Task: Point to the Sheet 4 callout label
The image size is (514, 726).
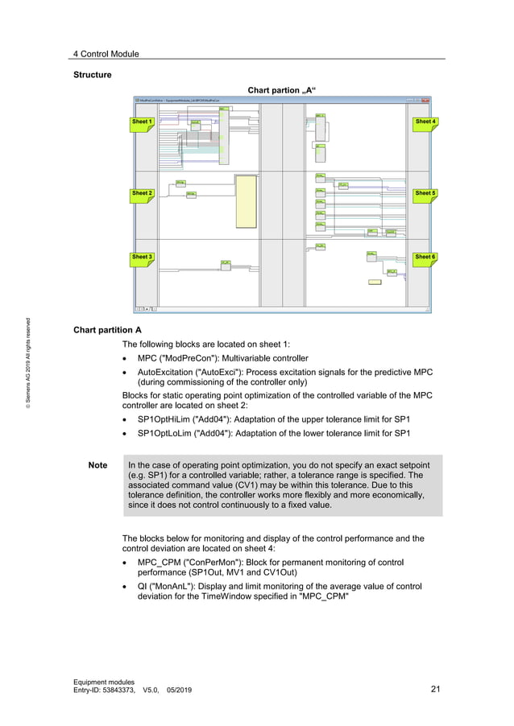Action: pyautogui.click(x=425, y=122)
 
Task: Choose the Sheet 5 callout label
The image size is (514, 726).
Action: pyautogui.click(x=425, y=193)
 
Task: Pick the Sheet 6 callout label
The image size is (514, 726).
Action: pyautogui.click(x=425, y=257)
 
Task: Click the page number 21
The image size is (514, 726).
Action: pyautogui.click(x=436, y=689)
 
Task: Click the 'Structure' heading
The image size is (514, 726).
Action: pyautogui.click(x=92, y=75)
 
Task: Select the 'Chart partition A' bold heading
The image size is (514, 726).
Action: pyautogui.click(x=107, y=330)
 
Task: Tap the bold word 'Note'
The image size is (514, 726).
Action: pyautogui.click(x=97, y=465)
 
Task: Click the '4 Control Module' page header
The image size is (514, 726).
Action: pyautogui.click(x=106, y=54)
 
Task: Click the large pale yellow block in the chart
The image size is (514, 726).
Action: pyautogui.click(x=246, y=202)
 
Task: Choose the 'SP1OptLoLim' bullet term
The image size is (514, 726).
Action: pyautogui.click(x=164, y=434)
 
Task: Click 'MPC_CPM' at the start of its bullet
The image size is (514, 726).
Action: pyautogui.click(x=157, y=563)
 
